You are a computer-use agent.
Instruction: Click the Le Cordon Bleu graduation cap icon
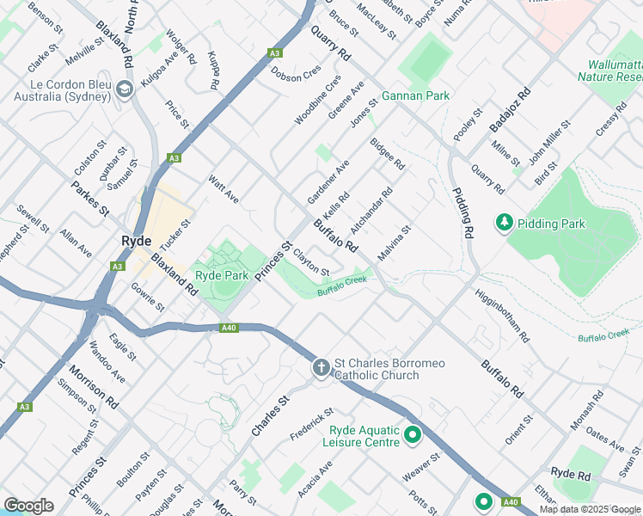pos(125,89)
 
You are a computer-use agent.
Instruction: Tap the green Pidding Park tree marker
pos(503,224)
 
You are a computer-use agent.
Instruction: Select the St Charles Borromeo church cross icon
pos(321,369)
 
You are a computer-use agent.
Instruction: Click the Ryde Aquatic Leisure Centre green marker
pos(413,436)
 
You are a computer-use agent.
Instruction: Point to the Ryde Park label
pos(222,275)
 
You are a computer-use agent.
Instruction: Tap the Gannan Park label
pos(415,95)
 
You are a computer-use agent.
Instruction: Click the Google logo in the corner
pos(28,505)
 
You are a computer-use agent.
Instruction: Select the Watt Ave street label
pos(224,191)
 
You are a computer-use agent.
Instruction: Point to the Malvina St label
pos(395,240)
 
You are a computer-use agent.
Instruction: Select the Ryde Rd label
pos(571,474)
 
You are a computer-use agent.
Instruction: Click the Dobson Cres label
pos(295,74)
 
